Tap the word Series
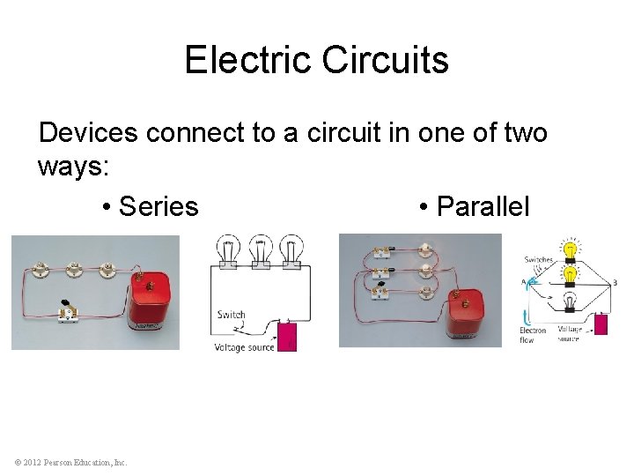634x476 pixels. pyautogui.click(x=158, y=206)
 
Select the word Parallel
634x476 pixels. pyautogui.click(x=483, y=206)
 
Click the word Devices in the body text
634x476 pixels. pyautogui.click(x=88, y=133)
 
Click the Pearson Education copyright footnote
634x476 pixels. pyautogui.click(x=70, y=462)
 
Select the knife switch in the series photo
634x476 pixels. pyautogui.click(x=65, y=311)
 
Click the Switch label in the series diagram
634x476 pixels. pyautogui.click(x=232, y=315)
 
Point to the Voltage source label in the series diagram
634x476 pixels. pyautogui.click(x=244, y=347)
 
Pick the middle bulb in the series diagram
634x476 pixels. pyautogui.click(x=260, y=250)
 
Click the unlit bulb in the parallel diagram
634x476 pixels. pyautogui.click(x=571, y=303)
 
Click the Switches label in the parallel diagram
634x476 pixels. pyautogui.click(x=539, y=259)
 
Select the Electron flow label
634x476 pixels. pyautogui.click(x=533, y=335)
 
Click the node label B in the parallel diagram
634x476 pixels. pyautogui.click(x=614, y=283)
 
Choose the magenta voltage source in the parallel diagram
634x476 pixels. pyautogui.click(x=601, y=324)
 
